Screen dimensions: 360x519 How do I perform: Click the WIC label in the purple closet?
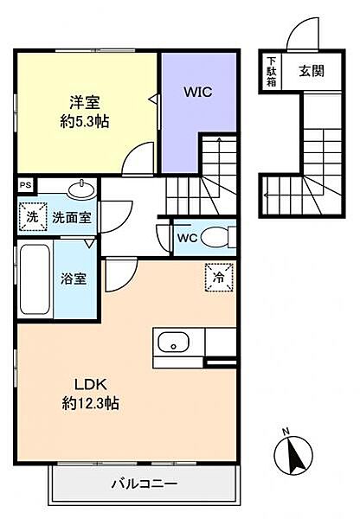tap(198, 92)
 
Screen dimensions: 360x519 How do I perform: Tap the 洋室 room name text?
tap(85, 103)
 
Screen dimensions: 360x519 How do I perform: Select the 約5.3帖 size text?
tap(85, 121)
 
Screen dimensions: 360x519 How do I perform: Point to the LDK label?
tap(90, 385)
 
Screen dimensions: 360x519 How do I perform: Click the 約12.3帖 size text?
tap(90, 403)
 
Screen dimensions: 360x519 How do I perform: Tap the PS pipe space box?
tap(26, 185)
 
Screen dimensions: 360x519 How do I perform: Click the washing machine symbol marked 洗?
tap(33, 217)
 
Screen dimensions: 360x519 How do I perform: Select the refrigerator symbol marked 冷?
tap(219, 278)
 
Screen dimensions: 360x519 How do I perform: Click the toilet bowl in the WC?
tap(215, 237)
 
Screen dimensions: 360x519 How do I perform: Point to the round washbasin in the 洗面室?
tap(81, 189)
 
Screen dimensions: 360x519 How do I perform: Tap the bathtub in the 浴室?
tap(35, 279)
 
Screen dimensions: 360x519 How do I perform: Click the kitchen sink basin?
tap(173, 343)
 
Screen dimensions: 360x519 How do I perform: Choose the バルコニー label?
tap(145, 484)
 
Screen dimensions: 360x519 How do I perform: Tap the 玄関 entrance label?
tap(312, 71)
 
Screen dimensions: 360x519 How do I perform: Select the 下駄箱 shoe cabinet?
tap(272, 72)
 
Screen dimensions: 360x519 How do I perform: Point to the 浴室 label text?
tap(74, 279)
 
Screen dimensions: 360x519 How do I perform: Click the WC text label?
tap(187, 238)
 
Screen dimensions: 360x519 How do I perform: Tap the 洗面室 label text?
tap(72, 217)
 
